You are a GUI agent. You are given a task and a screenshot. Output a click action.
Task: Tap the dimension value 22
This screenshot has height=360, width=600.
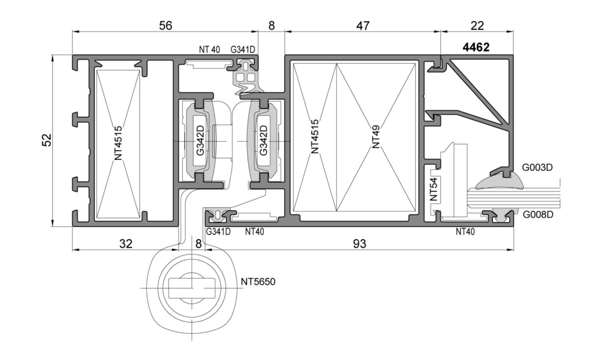pos(477,26)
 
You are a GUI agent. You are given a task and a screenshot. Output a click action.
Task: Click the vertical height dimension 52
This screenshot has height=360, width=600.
pos(48,140)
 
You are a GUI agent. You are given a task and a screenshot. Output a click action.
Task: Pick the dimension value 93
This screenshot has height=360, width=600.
pos(359,244)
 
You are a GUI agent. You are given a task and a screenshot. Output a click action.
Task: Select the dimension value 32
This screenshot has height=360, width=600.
pos(126,244)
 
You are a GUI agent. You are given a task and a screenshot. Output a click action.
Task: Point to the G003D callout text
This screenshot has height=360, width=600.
pos(537,168)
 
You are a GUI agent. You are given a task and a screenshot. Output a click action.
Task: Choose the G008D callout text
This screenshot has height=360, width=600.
pos(537,214)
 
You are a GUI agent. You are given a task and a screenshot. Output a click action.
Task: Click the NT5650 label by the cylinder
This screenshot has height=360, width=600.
pos(258,283)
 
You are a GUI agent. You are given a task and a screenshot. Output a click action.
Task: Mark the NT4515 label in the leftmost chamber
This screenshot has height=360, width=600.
pos(118,143)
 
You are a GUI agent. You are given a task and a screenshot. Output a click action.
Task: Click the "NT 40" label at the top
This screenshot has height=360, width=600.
pos(209,50)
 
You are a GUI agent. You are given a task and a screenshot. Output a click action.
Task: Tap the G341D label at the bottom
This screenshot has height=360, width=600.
pos(218,231)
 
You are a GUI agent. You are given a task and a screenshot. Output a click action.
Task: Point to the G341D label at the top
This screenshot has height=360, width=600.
pos(243,50)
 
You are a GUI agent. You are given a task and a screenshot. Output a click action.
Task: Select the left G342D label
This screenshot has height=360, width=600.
pos(200,140)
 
